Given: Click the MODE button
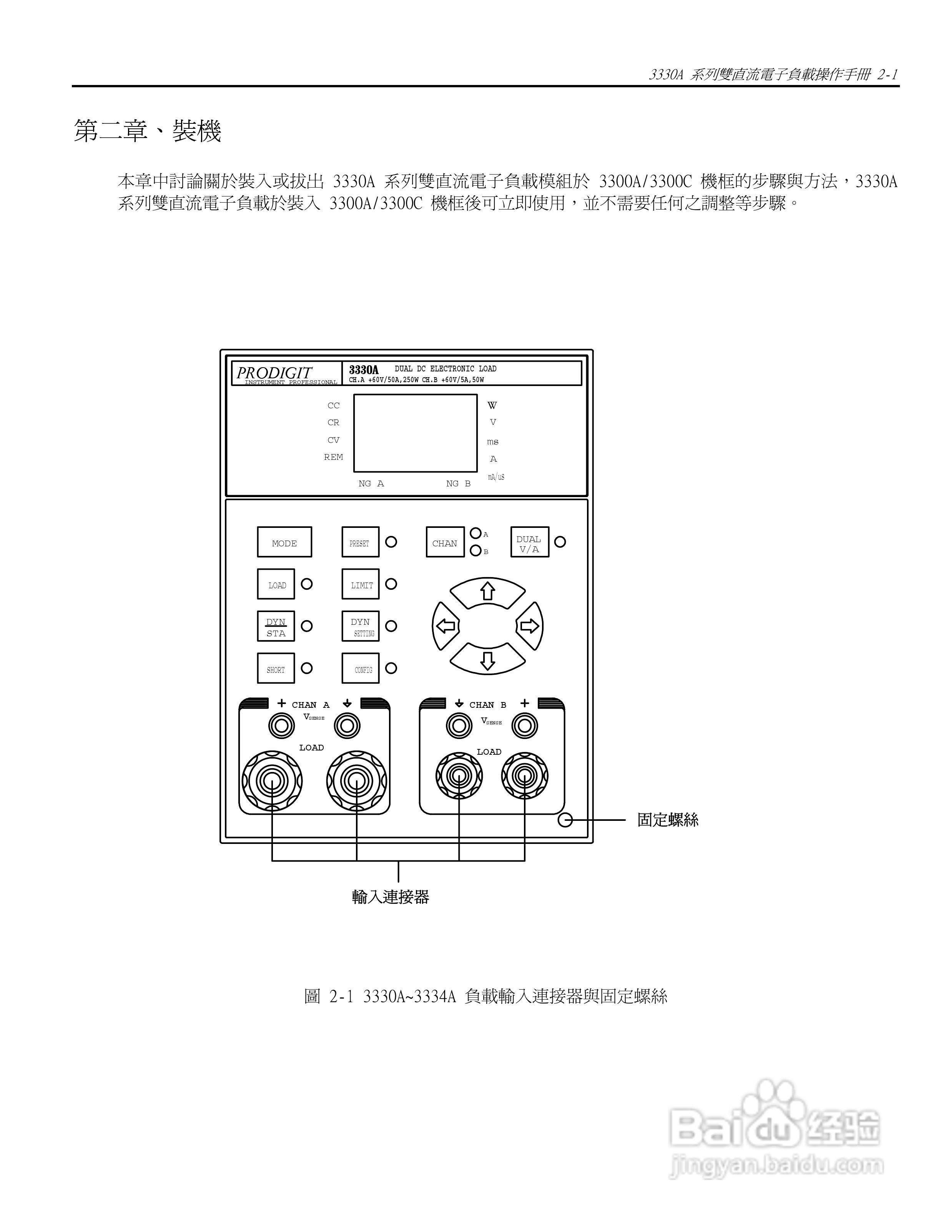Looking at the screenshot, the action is click(284, 542).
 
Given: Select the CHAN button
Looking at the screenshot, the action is click(444, 542).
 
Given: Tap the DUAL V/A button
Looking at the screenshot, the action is click(529, 542).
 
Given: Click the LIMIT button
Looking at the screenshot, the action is click(360, 584).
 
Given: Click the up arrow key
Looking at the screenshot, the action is click(487, 592).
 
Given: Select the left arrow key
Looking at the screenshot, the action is click(446, 626).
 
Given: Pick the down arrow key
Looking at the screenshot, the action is click(487, 660).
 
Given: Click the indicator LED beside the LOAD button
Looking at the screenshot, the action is click(307, 584).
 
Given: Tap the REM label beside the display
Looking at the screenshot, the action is click(333, 457).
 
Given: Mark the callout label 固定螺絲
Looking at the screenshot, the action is click(668, 820).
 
